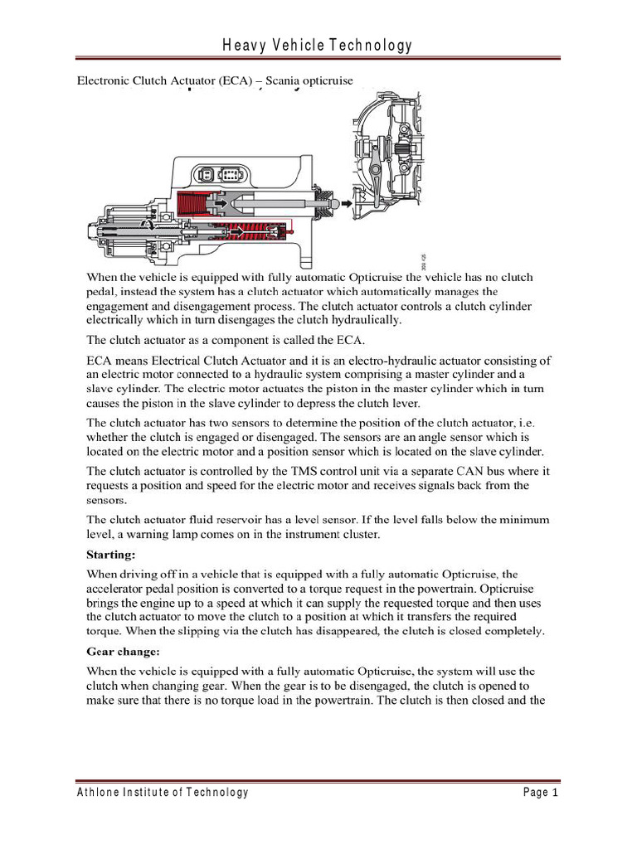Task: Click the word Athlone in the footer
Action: (99, 793)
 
